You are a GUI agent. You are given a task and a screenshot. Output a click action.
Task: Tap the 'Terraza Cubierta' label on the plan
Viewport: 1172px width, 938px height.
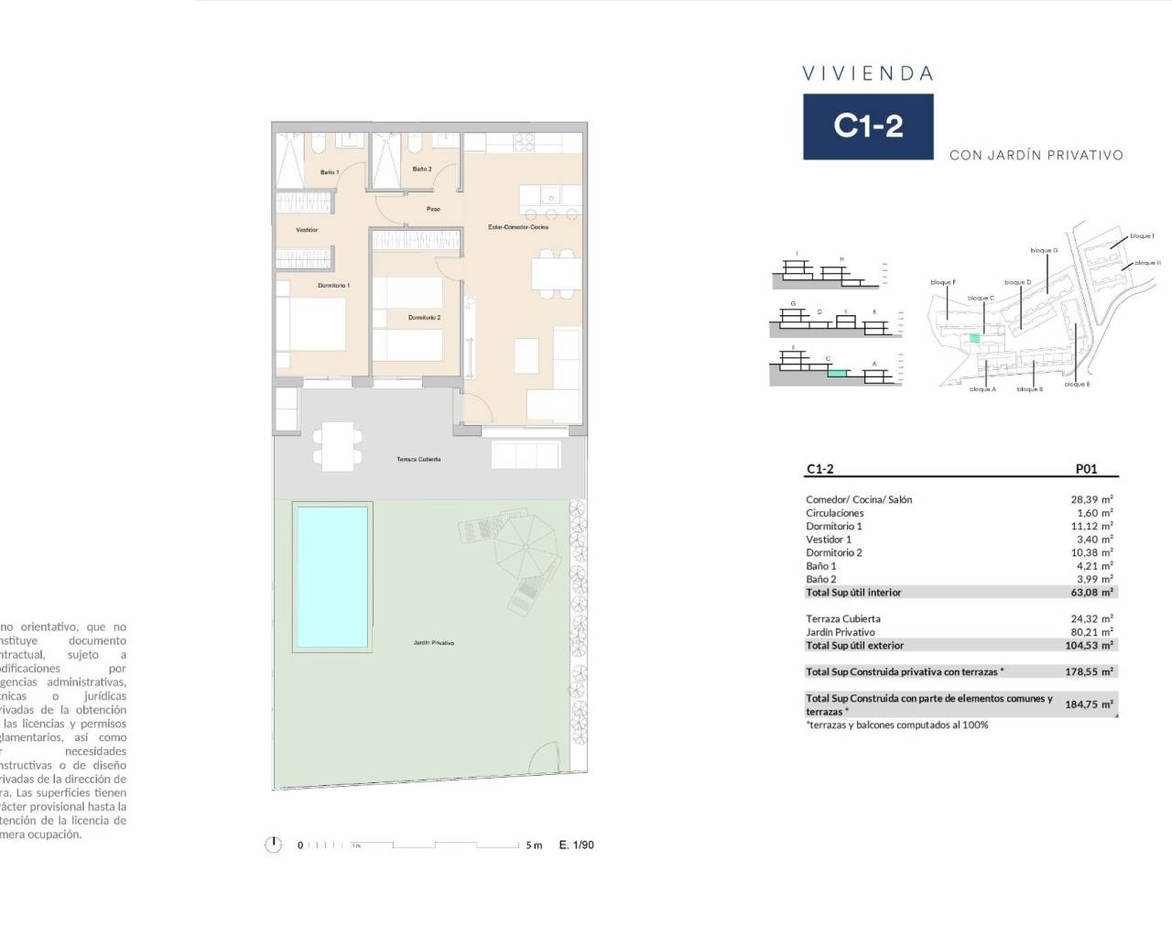(x=418, y=459)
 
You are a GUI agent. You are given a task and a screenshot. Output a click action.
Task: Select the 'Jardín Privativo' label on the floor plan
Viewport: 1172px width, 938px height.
(x=433, y=643)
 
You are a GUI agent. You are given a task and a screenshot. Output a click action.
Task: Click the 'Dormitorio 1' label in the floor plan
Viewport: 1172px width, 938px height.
(x=333, y=286)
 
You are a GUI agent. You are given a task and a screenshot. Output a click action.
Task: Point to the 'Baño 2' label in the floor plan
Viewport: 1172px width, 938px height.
(x=421, y=169)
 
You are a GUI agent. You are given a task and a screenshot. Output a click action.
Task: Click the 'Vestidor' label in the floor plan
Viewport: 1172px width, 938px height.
(x=307, y=230)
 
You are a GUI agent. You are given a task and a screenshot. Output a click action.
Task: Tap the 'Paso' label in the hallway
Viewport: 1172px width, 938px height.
(x=433, y=209)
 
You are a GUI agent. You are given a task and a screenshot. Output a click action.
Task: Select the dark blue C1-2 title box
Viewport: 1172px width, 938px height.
(x=868, y=126)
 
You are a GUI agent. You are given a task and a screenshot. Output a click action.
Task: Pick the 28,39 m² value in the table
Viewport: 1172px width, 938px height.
(x=1091, y=499)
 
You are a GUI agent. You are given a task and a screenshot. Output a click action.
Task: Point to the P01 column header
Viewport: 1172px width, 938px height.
(x=1085, y=469)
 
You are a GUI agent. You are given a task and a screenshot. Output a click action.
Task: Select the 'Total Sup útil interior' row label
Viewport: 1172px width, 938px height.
(x=853, y=593)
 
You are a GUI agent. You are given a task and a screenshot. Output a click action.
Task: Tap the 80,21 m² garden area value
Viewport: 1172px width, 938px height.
(x=1091, y=632)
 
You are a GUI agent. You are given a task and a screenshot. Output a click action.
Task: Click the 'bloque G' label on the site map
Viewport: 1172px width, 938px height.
(x=1044, y=250)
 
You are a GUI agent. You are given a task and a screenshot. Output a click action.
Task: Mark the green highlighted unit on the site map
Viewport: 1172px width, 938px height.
(x=975, y=338)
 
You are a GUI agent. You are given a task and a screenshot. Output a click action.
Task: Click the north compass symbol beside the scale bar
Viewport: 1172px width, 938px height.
(x=273, y=845)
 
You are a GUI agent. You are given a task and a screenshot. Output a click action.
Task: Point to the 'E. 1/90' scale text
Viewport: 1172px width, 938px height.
(x=576, y=845)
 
